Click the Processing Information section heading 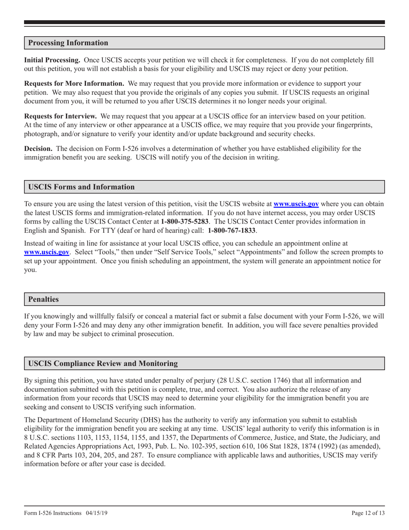[68, 43]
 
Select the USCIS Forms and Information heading [81, 187]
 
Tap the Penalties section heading [43, 299]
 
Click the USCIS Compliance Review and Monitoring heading [103, 363]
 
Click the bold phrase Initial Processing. [52, 60]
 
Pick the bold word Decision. [38, 149]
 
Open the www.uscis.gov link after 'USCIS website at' [296, 204]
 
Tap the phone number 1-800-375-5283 [185, 221]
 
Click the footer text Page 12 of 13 [368, 513]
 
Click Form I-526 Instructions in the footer [53, 513]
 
